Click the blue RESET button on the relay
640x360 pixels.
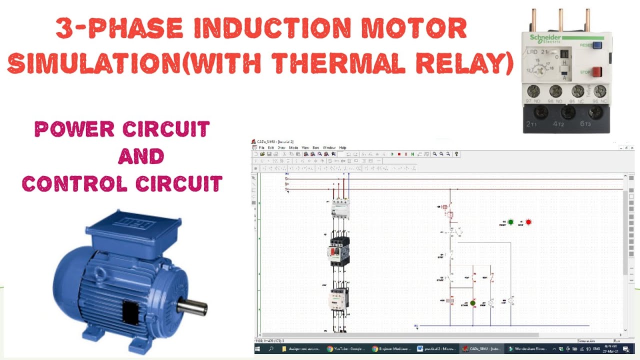597,45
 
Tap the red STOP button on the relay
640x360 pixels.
597,72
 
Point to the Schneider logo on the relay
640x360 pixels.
545,38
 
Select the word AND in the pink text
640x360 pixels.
140,157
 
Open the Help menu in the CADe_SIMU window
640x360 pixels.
342,148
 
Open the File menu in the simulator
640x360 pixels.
261,148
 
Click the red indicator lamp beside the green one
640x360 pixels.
528,222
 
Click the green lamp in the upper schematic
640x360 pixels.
510,222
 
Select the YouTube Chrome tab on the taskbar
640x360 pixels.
345,348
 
